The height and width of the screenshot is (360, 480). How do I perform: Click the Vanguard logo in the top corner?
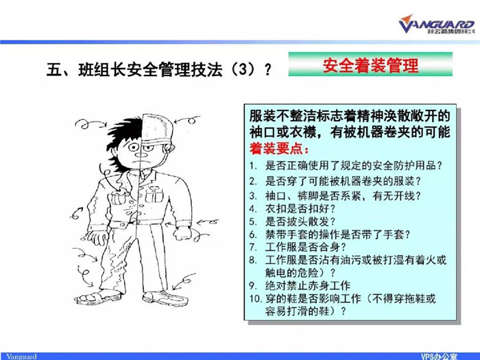pos(437,24)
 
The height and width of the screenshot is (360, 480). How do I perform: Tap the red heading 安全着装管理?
pos(370,65)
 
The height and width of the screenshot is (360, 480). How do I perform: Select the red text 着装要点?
pos(279,149)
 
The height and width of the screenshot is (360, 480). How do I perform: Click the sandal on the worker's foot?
pos(98,297)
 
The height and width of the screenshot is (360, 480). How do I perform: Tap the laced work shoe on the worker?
pos(166,298)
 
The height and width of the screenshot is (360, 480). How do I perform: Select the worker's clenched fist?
pos(182,233)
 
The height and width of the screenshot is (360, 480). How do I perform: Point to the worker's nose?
pos(141,153)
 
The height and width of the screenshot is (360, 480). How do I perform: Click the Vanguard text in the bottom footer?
pos(21,357)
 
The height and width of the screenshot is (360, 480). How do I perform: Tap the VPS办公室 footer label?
pos(439,357)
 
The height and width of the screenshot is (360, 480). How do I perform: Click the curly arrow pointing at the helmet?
pos(187,120)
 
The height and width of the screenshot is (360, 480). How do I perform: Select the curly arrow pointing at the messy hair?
pos(91,123)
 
